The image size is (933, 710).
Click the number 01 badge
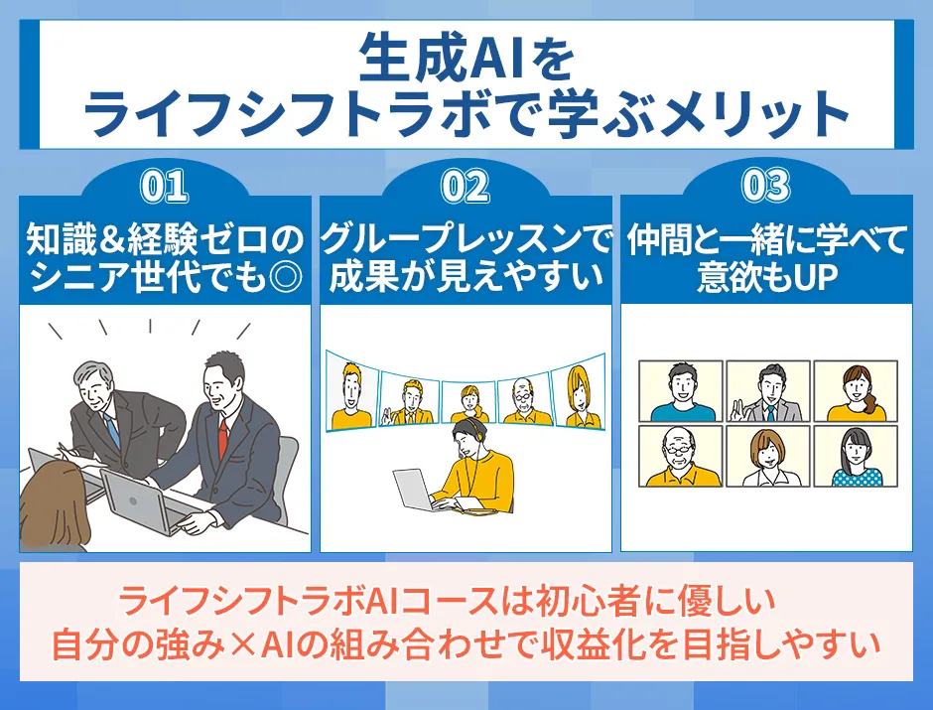(165, 187)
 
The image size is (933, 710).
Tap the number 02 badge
(465, 187)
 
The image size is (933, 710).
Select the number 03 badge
(765, 187)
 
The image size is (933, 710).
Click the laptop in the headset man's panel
(416, 492)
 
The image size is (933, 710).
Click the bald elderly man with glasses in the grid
(679, 456)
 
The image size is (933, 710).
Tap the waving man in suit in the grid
(766, 391)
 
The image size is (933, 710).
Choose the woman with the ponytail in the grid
(855, 391)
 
